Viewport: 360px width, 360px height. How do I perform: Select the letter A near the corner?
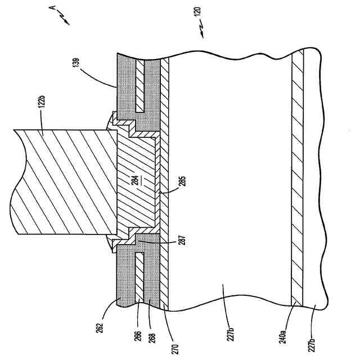click(52, 10)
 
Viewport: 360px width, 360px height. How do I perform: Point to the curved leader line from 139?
click(98, 79)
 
